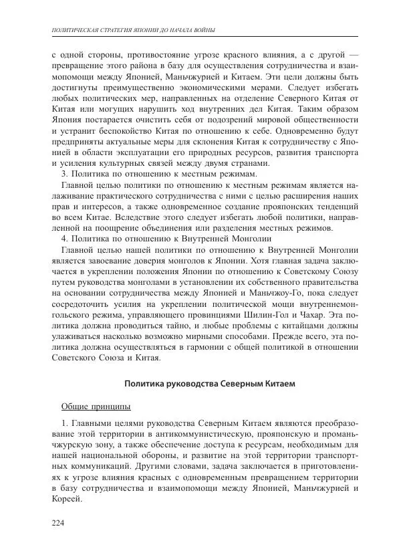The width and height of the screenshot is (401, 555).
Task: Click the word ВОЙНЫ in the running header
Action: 205,29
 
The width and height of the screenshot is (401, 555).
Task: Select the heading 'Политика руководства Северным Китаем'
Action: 206,383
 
